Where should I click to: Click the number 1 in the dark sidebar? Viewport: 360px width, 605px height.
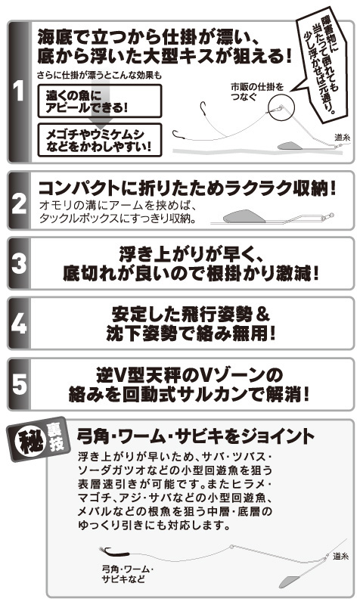coord(18,91)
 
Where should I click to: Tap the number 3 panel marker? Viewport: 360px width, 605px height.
coord(19,263)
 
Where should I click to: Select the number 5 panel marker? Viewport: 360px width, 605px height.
coord(19,384)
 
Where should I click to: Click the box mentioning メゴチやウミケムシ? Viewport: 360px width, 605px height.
coord(100,140)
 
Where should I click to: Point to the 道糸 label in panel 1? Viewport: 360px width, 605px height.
coord(342,137)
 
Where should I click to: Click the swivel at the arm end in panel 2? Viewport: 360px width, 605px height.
coord(327,217)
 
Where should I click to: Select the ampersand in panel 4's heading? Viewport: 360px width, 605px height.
coord(263,315)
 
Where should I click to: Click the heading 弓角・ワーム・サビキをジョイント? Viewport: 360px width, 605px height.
coord(196,436)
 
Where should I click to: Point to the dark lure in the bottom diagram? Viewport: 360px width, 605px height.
coord(113,553)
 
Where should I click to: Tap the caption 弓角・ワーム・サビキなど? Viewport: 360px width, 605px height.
coord(127,574)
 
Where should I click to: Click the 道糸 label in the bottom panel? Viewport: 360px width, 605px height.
coord(340,556)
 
